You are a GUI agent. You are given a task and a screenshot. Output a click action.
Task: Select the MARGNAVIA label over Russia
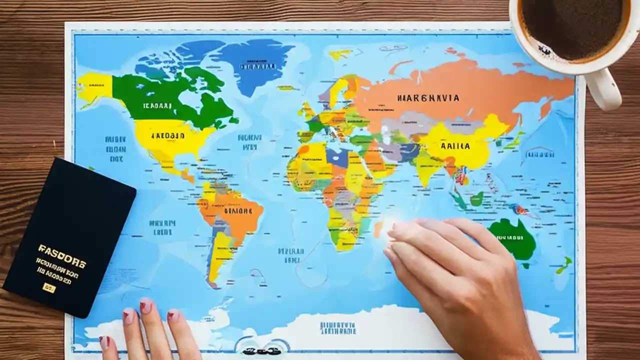(x=428, y=98)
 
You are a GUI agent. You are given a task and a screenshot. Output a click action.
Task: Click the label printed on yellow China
(x=455, y=146)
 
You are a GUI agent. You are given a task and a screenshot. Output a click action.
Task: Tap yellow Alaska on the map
(x=94, y=88)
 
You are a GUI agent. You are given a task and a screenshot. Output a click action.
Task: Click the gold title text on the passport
(x=61, y=249)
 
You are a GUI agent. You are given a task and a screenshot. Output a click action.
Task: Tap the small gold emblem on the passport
(x=49, y=287)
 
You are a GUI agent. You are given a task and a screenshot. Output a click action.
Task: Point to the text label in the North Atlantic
(x=250, y=142)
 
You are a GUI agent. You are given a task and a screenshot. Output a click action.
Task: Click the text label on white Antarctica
(x=337, y=327)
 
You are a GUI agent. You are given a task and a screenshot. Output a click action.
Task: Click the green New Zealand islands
(x=565, y=265)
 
